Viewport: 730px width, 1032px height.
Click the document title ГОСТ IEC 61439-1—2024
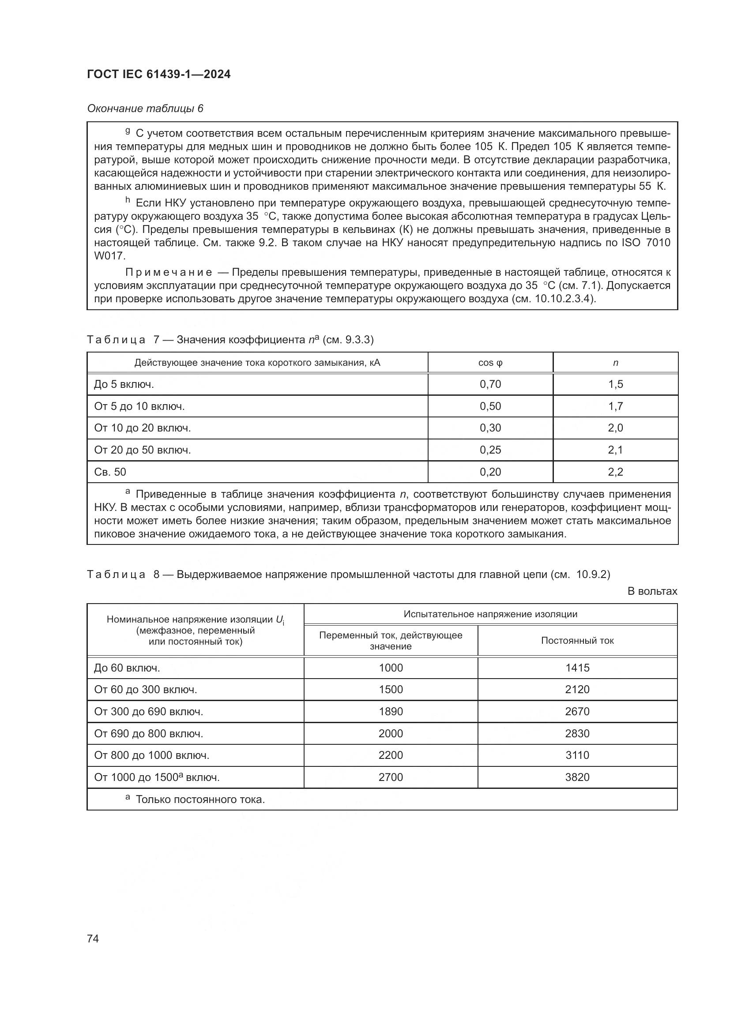pyautogui.click(x=159, y=75)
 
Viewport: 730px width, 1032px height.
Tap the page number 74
pyautogui.click(x=93, y=938)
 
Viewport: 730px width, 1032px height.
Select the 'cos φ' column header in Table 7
pyautogui.click(x=490, y=363)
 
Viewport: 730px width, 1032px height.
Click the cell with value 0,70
pyautogui.click(x=490, y=384)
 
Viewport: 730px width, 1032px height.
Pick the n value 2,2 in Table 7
pyautogui.click(x=615, y=472)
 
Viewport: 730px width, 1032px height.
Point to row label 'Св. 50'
pyautogui.click(x=110, y=472)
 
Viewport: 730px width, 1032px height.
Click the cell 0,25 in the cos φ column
pyautogui.click(x=490, y=450)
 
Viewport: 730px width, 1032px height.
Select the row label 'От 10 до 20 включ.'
pyautogui.click(x=143, y=428)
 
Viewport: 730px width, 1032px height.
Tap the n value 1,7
pyautogui.click(x=615, y=406)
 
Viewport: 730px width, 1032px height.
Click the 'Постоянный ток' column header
pyautogui.click(x=577, y=641)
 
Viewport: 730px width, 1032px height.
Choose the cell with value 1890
pyautogui.click(x=391, y=712)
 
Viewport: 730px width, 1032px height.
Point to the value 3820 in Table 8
pyautogui.click(x=577, y=777)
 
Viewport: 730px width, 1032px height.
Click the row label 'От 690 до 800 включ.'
pyautogui.click(x=148, y=734)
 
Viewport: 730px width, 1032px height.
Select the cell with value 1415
pyautogui.click(x=577, y=668)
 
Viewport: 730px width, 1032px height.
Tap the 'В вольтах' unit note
pyautogui.click(x=652, y=591)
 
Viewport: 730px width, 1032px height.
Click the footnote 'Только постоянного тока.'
pyautogui.click(x=200, y=799)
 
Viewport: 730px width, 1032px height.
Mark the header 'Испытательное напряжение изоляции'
pyautogui.click(x=490, y=614)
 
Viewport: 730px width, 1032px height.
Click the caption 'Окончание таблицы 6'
pyautogui.click(x=145, y=109)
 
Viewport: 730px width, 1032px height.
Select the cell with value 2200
pyautogui.click(x=391, y=755)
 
